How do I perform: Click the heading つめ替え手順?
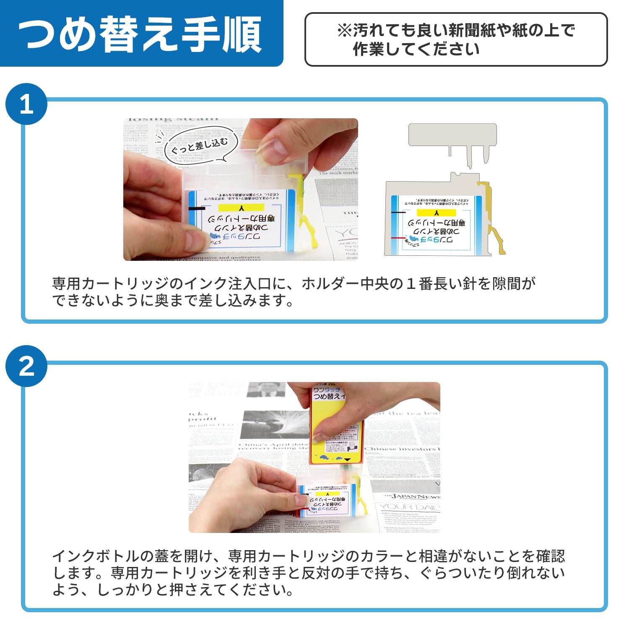140,34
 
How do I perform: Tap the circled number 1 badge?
26,104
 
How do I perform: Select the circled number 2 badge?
26,366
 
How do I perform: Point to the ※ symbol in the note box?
344,31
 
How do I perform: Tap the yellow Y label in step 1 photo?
241,208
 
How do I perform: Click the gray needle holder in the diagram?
452,135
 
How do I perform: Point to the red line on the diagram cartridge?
398,238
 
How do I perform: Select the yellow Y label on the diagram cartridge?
436,213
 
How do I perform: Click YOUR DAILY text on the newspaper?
409,507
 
